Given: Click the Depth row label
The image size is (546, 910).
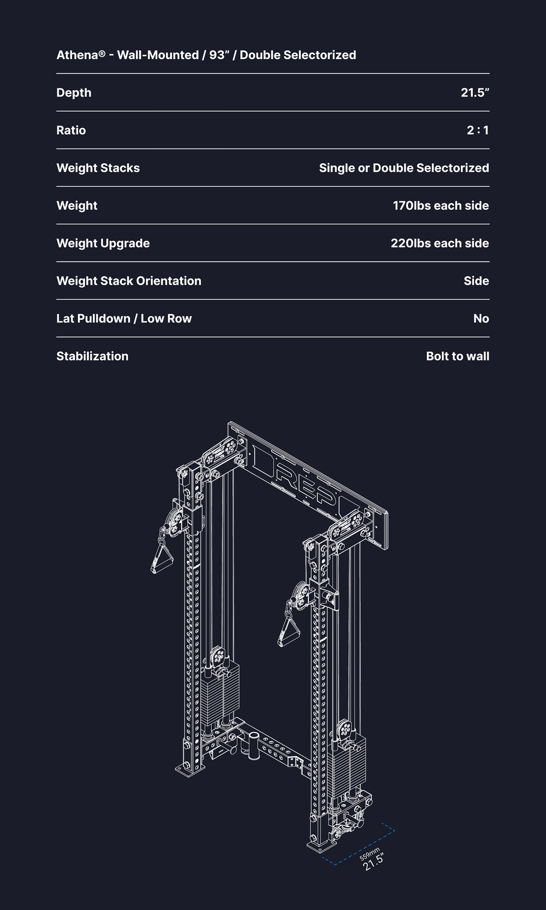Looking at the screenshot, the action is (74, 93).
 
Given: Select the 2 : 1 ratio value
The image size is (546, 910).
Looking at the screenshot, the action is (478, 130).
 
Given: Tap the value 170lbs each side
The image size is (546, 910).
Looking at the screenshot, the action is (441, 206).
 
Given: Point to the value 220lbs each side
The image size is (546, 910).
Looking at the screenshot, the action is (440, 243).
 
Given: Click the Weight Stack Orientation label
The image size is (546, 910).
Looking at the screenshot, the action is (129, 281).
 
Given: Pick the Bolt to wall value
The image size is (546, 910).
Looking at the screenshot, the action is (458, 356).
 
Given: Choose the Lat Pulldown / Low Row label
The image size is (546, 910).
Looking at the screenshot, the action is (124, 318).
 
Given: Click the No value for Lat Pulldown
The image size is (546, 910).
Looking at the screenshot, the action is (481, 318).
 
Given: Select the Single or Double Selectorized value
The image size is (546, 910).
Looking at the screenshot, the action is (404, 168).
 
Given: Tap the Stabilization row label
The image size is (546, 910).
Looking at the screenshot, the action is (92, 356).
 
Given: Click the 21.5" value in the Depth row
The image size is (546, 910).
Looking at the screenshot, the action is (475, 93).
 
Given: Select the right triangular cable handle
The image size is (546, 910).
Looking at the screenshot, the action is (289, 631).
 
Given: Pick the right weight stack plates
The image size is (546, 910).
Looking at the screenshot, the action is (347, 766).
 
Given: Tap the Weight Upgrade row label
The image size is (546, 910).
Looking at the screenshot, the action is (103, 243).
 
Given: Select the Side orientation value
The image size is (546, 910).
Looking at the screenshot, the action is (477, 281).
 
